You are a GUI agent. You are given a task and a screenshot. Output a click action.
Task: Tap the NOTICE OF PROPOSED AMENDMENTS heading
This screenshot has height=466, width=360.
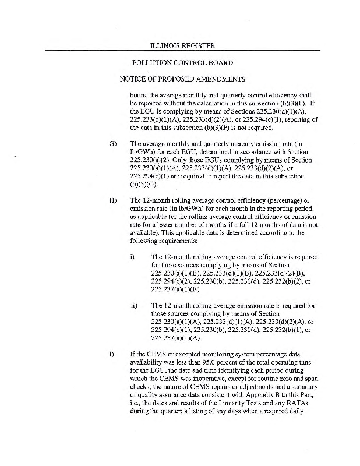point(182,79)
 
